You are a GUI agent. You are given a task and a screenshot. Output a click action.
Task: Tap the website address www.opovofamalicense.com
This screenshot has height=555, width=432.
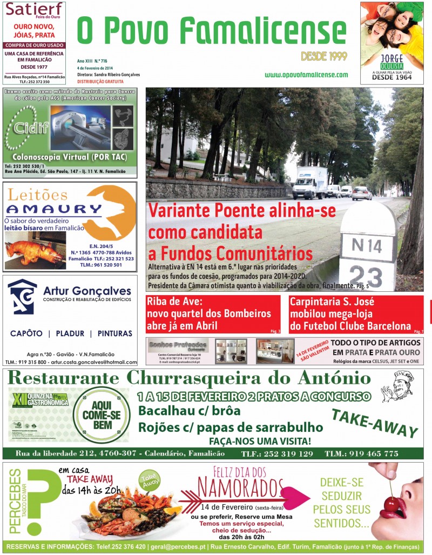306,75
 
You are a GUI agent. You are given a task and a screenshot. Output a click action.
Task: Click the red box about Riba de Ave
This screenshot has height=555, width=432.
213,313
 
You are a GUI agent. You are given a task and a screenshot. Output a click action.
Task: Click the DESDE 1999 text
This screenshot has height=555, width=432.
324,56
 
